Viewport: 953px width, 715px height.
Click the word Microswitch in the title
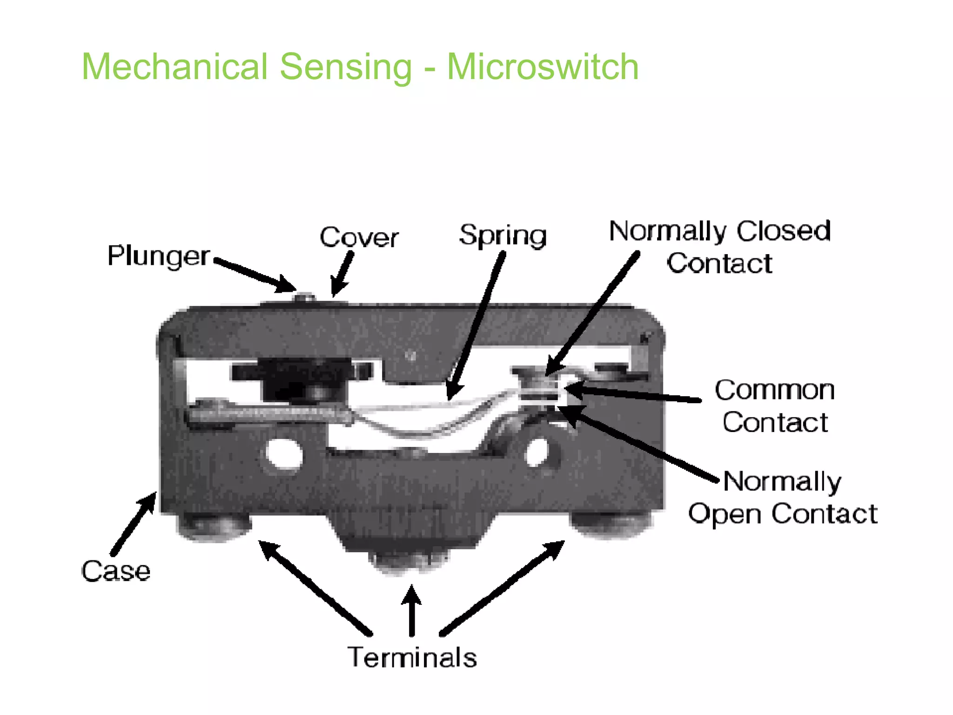click(x=543, y=67)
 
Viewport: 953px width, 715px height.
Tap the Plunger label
click(x=158, y=256)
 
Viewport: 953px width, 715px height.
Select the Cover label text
click(x=359, y=237)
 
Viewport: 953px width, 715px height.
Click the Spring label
click(x=503, y=236)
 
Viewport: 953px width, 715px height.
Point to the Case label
click(x=115, y=571)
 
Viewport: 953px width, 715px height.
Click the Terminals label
click(x=412, y=657)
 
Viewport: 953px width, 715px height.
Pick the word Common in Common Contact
click(x=775, y=390)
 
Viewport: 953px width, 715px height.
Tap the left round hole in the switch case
click(x=284, y=452)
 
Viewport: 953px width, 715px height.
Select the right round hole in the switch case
click(x=537, y=451)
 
